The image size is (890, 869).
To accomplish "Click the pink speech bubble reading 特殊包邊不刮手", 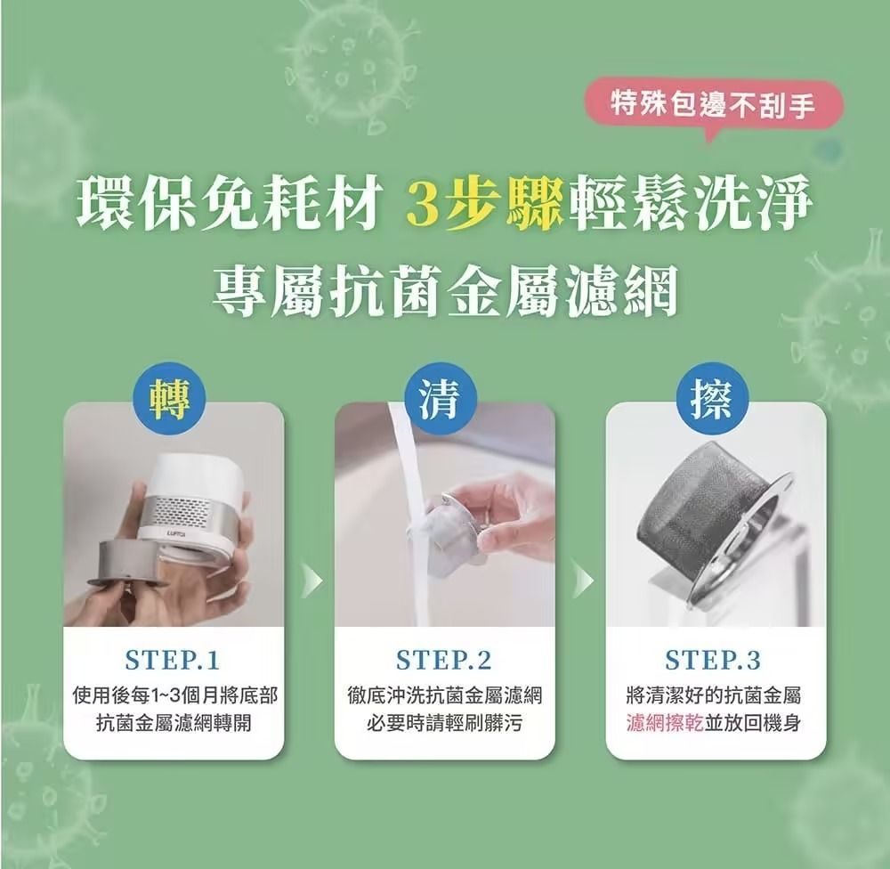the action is tap(714, 106).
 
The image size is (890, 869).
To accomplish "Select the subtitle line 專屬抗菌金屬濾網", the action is tap(445, 291).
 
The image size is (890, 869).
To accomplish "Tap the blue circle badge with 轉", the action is tap(169, 399).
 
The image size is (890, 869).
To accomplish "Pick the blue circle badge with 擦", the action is tap(712, 399).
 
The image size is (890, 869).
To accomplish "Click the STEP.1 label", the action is tap(173, 660).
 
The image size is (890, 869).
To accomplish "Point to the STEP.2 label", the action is tap(444, 660).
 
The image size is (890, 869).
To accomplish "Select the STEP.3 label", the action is tap(713, 660).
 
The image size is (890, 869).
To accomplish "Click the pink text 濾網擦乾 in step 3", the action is tap(665, 723).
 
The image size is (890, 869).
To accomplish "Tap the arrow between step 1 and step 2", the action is tap(311, 581).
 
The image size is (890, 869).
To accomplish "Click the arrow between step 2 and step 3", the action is tap(583, 581).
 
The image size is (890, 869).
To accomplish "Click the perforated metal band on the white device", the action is tap(192, 509).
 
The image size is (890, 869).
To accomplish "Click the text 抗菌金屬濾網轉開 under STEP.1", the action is tap(174, 723).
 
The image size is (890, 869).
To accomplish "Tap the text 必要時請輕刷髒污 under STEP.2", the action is tap(444, 723).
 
